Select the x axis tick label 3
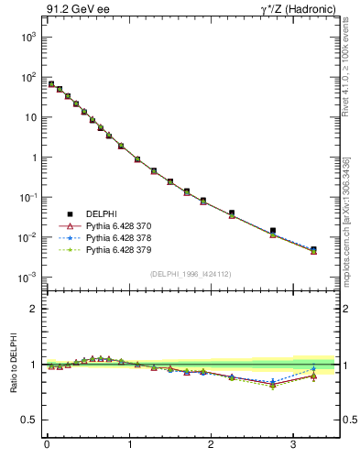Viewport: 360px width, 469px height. coord(293,444)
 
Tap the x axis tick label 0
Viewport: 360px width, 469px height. coord(47,444)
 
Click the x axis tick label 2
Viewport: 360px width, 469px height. coord(211,444)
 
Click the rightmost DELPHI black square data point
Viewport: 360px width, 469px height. coord(313,249)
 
